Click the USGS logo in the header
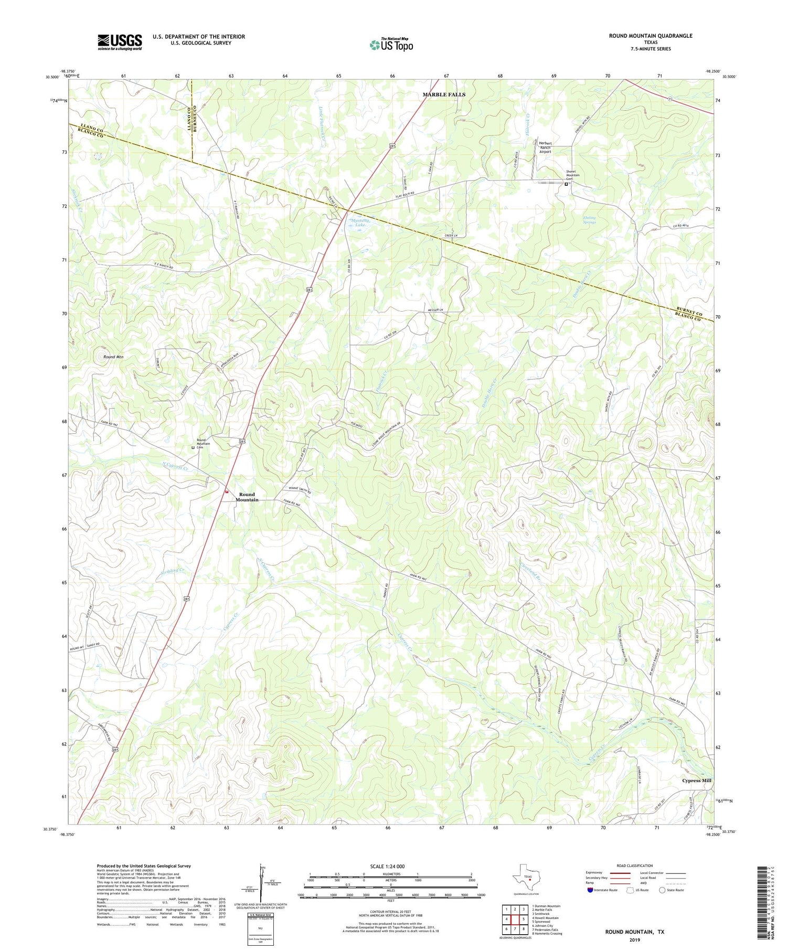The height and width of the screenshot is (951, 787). [x=120, y=42]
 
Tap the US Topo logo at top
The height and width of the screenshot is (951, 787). [x=391, y=45]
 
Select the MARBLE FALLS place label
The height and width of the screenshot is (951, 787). [x=444, y=94]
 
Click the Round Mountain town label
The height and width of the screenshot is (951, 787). [x=247, y=497]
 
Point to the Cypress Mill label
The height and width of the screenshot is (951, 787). [x=696, y=781]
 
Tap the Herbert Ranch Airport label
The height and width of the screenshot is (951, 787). [x=545, y=147]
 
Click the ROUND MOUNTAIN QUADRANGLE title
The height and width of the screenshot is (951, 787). [x=651, y=36]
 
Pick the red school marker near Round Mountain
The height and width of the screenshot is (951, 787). [x=227, y=491]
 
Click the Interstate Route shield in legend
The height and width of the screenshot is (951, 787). [x=591, y=890]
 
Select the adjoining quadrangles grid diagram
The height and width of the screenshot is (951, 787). [x=515, y=919]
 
